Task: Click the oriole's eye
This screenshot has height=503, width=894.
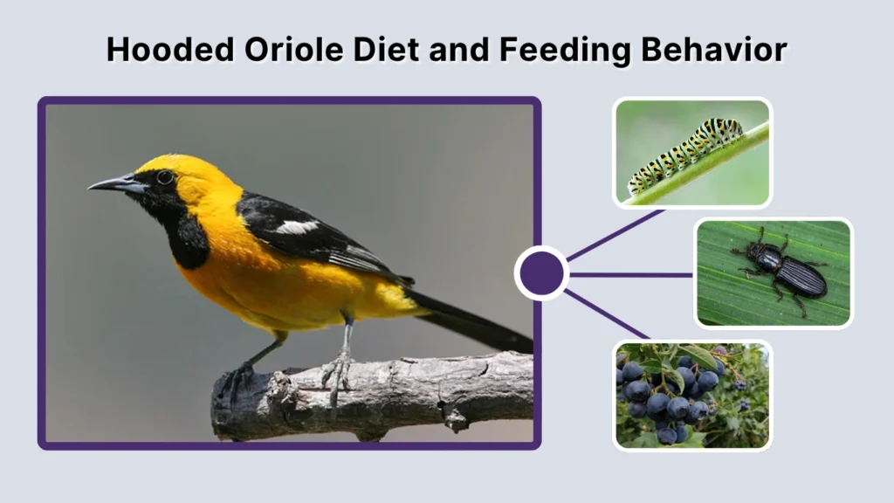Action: [163, 177]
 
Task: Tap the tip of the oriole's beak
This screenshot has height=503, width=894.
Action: [91, 186]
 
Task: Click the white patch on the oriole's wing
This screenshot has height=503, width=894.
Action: [297, 227]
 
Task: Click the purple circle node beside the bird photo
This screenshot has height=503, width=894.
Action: [541, 273]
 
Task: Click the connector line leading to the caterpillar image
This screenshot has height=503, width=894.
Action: [615, 233]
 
